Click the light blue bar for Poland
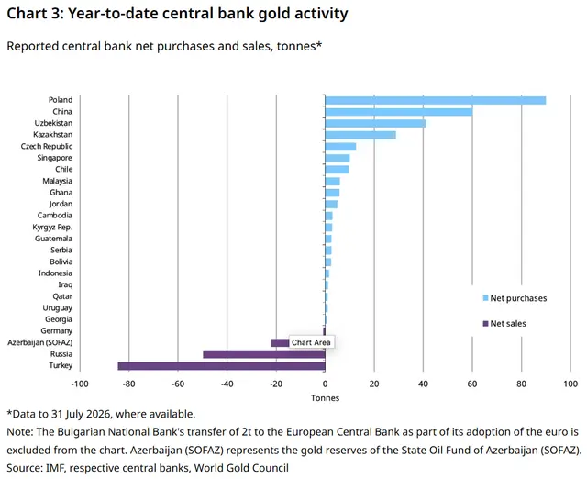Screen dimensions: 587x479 436,100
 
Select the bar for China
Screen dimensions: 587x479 399,112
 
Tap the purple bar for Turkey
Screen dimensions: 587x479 222,366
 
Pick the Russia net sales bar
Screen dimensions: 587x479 264,354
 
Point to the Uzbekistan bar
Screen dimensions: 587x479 375,123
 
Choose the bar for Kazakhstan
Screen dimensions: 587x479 360,135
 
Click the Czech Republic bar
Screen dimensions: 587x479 340,147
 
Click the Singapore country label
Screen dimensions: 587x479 55,158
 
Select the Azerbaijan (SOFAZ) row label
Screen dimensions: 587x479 40,342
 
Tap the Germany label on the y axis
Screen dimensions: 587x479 57,330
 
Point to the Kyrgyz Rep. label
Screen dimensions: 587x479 52,227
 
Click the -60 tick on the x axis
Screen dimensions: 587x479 178,384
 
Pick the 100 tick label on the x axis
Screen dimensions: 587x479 570,384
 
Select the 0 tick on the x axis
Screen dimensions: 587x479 325,384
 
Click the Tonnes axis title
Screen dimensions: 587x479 325,397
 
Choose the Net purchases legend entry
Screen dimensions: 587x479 515,298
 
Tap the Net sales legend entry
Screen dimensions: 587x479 504,324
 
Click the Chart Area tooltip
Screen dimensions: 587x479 311,342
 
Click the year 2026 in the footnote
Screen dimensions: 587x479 98,414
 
